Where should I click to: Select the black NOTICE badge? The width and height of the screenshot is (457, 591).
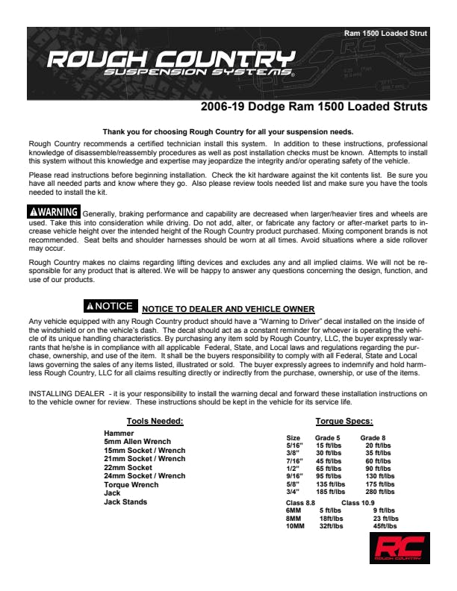110,306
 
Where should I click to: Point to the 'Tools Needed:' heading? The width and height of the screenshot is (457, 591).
155,421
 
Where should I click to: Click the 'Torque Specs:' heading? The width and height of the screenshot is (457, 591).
343,421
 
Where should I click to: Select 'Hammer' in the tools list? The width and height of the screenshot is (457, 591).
119,434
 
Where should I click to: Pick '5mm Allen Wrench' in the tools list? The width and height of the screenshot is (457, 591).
137,442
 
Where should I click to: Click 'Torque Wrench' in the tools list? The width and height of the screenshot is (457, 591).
131,485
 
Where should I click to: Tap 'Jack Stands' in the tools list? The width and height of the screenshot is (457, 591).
125,502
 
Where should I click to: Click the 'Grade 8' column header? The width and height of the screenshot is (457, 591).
373,438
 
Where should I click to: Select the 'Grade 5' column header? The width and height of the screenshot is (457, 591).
327,438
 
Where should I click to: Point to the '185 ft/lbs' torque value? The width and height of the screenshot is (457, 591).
330,492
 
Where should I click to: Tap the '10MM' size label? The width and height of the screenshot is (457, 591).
296,526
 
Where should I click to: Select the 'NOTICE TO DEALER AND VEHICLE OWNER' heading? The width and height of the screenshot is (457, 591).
228,310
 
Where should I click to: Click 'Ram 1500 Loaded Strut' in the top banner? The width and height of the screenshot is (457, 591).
385,34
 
